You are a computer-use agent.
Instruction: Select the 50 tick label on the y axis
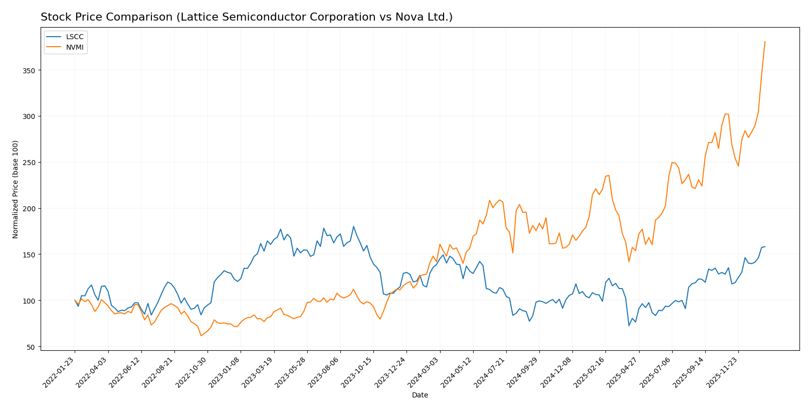tap(31, 347)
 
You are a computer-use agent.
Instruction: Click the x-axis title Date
tap(420, 395)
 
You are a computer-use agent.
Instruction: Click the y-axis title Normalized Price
tap(16, 189)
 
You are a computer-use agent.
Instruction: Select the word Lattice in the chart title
tap(156, 17)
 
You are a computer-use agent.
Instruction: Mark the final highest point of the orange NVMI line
tap(765, 42)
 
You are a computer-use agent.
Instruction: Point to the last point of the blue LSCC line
tap(765, 246)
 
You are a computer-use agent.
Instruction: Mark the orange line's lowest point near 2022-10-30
tap(201, 335)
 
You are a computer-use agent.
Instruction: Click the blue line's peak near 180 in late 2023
tap(353, 226)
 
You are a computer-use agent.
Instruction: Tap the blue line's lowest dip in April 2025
tap(629, 326)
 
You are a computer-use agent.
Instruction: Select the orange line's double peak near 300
tap(726, 114)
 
